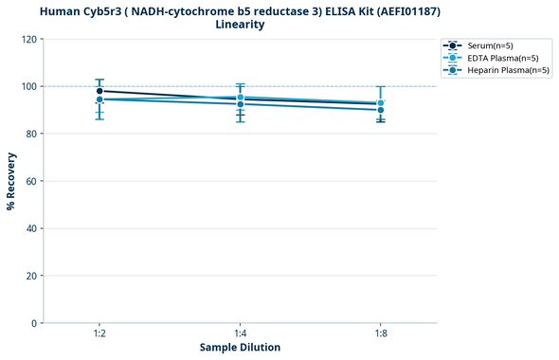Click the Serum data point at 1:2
coord(99,91)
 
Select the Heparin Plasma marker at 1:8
coord(381,110)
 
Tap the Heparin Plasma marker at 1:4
coord(241,103)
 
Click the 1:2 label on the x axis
coord(99,333)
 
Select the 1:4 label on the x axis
coord(241,333)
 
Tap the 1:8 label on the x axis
coord(381,333)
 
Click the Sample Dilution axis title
coord(240,348)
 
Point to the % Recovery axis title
coord(11,181)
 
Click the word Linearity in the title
coord(240,25)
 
